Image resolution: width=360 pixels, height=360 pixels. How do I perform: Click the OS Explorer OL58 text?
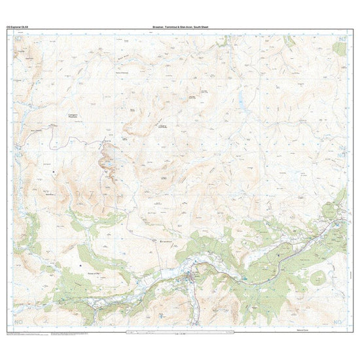tap(18, 27)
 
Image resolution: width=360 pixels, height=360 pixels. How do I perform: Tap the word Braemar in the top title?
tap(158, 27)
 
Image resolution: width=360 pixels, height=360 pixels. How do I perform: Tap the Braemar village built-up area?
tap(192, 278)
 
